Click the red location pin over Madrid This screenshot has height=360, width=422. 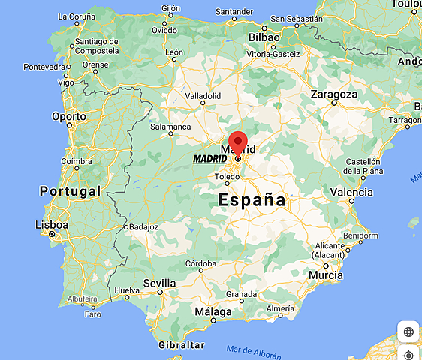click(238, 142)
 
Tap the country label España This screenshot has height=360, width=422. click(252, 200)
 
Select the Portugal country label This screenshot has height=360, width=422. click(70, 191)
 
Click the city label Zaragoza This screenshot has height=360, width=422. click(334, 94)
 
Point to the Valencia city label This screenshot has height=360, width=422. click(351, 193)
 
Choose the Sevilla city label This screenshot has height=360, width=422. click(159, 283)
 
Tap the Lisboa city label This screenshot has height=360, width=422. click(52, 225)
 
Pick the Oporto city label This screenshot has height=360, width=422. click(69, 116)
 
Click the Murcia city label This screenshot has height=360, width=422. click(326, 275)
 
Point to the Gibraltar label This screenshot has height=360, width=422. click(182, 345)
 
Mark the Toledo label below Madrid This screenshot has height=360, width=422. click(227, 177)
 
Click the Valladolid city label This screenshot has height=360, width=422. click(203, 96)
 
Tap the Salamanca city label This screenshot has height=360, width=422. click(171, 127)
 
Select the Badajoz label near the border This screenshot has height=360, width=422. click(143, 226)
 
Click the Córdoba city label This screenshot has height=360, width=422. click(201, 264)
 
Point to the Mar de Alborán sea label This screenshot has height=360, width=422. click(253, 349)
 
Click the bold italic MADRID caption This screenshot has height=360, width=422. click(209, 159)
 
